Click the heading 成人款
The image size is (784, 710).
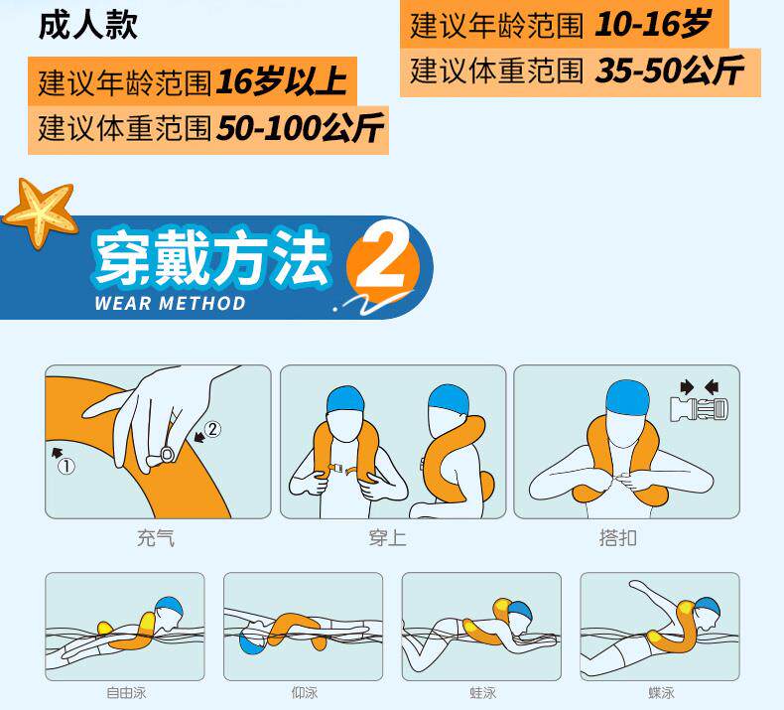(88, 25)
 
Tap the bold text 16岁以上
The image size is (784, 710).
(282, 81)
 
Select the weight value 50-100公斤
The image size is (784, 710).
(300, 128)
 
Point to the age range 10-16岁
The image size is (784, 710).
(652, 24)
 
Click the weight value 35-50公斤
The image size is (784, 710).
(670, 71)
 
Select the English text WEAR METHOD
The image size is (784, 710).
(170, 303)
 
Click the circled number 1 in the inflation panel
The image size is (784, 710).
(66, 467)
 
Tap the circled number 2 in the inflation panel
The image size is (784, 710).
(212, 429)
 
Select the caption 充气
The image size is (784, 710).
(156, 538)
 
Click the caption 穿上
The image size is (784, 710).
(387, 538)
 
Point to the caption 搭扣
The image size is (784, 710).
(618, 538)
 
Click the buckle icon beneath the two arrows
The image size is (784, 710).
(699, 409)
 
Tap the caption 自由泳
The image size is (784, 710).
(126, 693)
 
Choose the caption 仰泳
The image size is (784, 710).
(305, 693)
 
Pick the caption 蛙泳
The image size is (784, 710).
(483, 693)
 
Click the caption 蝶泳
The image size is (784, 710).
(662, 693)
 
